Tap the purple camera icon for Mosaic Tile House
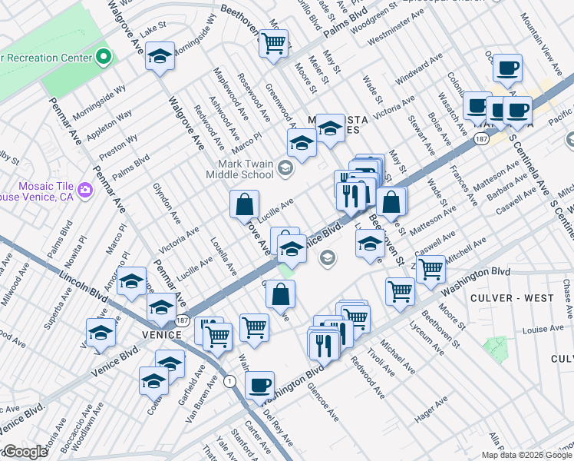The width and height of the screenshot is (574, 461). (84, 189)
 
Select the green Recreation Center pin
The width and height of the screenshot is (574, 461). (103, 57)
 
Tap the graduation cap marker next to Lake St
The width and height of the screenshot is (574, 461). (160, 58)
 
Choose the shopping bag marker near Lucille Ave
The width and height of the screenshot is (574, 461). (244, 204)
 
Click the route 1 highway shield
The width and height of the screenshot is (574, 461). (229, 380)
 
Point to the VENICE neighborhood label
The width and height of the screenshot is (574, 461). (161, 335)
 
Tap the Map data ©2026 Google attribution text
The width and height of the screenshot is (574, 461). (526, 455)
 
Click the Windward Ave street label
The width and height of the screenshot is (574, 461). (419, 69)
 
